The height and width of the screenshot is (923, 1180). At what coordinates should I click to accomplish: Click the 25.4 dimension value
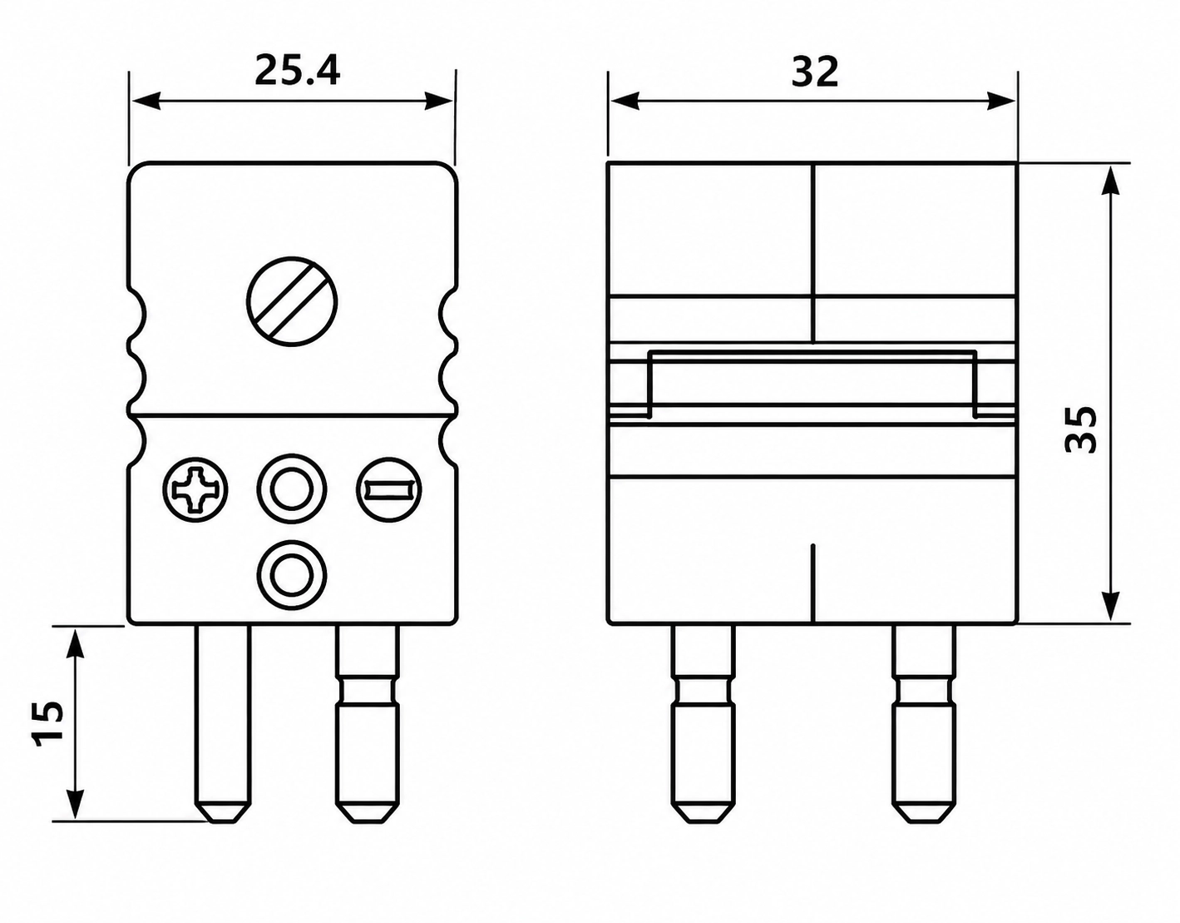tap(298, 72)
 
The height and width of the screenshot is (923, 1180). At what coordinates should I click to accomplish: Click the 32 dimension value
tap(815, 72)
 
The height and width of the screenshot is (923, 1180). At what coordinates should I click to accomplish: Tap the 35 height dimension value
tap(1080, 429)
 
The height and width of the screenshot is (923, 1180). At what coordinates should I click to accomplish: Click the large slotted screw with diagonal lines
tap(292, 301)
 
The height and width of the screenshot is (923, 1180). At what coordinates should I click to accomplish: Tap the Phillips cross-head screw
tap(196, 490)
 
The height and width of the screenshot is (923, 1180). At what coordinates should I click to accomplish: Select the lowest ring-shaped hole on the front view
tap(292, 575)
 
